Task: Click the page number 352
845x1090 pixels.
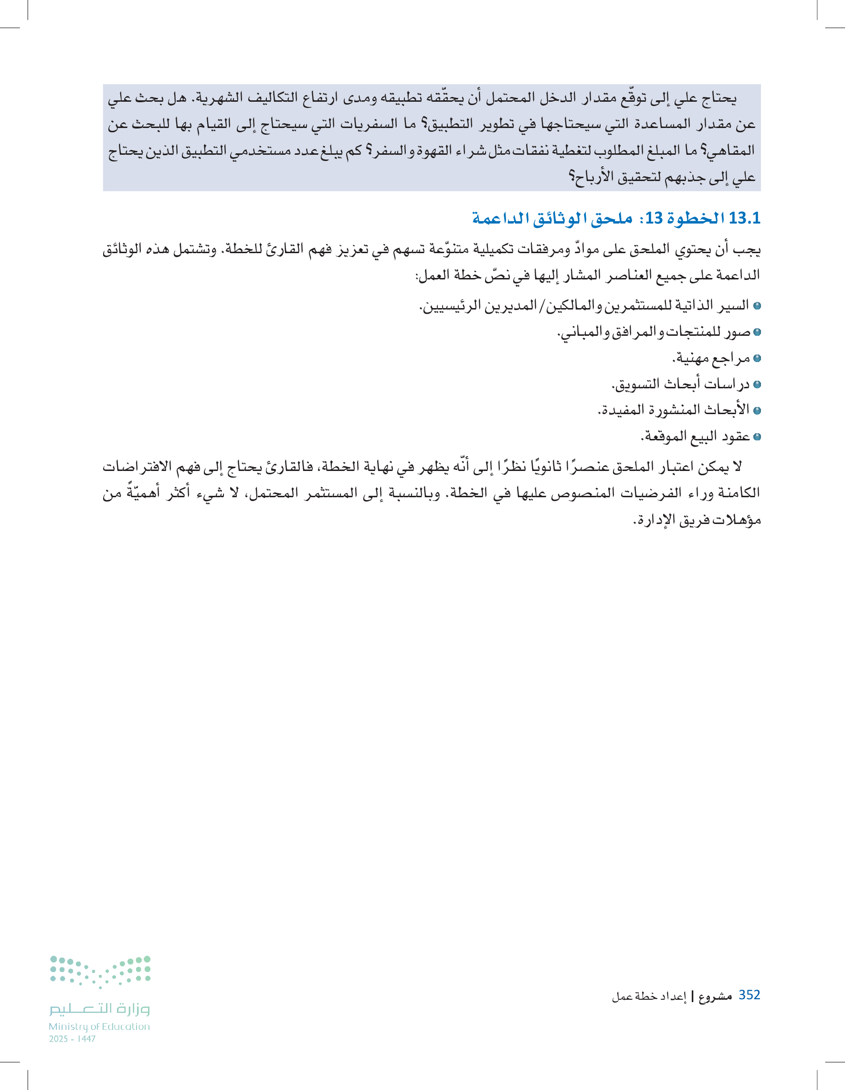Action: coord(749,994)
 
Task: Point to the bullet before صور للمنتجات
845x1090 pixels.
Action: coord(757,332)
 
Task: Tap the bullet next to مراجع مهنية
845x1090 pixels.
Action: coord(757,358)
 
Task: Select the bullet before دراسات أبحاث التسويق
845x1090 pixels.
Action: coord(757,385)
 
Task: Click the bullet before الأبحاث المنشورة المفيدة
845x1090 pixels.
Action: coord(757,411)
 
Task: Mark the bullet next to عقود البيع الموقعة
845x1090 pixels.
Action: coord(757,437)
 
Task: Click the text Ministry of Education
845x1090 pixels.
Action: coord(99,1026)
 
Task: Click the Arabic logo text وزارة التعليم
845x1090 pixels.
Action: coord(99,1009)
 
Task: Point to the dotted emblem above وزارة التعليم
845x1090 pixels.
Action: coord(100,971)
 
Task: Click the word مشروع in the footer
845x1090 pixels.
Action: coord(715,996)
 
